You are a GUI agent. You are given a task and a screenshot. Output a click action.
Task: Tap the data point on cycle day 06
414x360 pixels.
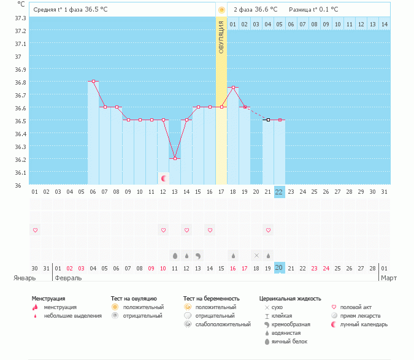pos(93,81)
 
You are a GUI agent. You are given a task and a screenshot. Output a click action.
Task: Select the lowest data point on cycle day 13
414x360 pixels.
pos(175,158)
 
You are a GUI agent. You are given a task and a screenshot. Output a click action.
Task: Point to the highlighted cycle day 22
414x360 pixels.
pos(279,191)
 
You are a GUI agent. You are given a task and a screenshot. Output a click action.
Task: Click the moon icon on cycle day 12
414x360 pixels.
pos(164,178)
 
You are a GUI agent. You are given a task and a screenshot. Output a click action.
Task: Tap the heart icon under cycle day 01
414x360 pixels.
pos(35,230)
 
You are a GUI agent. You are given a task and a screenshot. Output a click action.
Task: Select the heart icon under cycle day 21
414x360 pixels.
pos(268,230)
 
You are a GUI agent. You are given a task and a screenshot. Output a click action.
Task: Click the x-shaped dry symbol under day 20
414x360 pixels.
pos(256,255)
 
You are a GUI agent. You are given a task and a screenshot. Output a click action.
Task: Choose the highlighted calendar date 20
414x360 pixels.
pos(279,268)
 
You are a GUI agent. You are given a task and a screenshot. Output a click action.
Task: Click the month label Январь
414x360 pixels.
pos(25,278)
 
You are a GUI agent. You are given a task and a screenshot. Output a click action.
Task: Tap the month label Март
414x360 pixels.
pos(389,278)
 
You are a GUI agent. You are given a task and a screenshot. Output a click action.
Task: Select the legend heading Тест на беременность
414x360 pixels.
pos(209,298)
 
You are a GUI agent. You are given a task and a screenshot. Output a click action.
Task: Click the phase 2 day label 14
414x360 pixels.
pos(384,24)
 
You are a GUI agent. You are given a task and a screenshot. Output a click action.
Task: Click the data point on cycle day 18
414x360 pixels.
pos(233,88)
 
